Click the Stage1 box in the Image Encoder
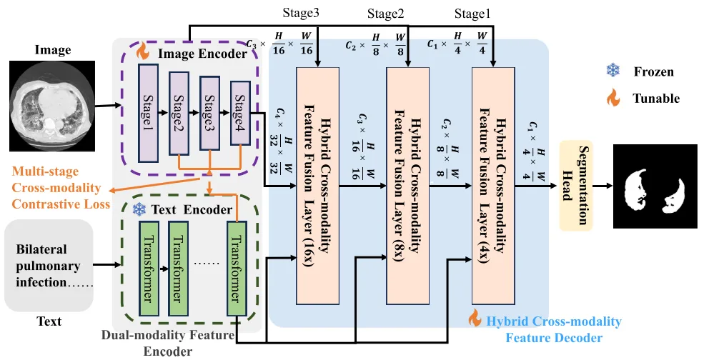(x=148, y=113)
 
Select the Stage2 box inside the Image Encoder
(x=179, y=113)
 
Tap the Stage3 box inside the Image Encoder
(x=209, y=113)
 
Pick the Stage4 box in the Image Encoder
(x=240, y=113)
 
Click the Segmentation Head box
(x=575, y=185)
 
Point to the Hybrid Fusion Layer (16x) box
(x=318, y=186)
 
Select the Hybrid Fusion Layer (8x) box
(x=407, y=186)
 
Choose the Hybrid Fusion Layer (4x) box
(x=493, y=186)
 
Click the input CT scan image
(x=52, y=106)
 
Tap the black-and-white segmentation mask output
(x=655, y=186)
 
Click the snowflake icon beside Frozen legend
(x=613, y=71)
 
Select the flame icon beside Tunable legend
(x=613, y=97)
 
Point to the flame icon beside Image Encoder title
(x=143, y=51)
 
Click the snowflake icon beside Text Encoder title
(x=139, y=209)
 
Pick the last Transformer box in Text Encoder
(x=237, y=268)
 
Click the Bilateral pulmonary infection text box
(x=49, y=265)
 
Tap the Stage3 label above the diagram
(x=300, y=13)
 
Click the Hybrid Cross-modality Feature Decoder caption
(x=554, y=329)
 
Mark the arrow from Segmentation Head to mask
(x=603, y=186)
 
